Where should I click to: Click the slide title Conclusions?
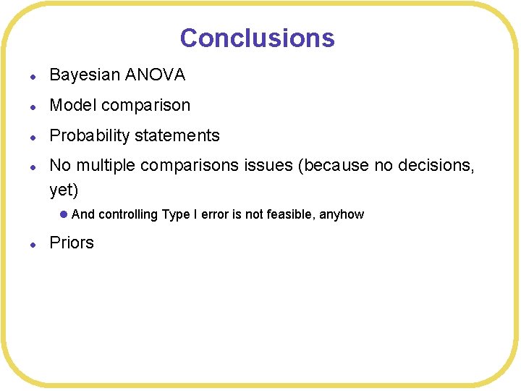coord(257,38)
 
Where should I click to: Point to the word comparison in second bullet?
coord(146,106)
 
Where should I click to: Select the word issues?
coord(268,166)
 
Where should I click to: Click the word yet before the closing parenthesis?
coord(61,190)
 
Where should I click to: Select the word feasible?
coord(292,214)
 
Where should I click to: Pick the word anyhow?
coord(342,214)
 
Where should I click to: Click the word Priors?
coord(72,243)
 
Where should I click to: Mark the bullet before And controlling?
coord(64,214)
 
